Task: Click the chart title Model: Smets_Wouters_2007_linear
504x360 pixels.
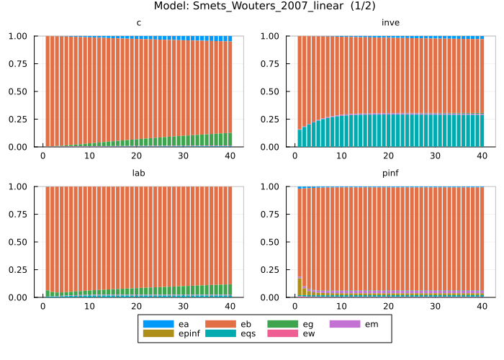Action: point(252,6)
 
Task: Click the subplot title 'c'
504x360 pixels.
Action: point(138,23)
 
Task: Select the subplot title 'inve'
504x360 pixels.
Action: point(390,23)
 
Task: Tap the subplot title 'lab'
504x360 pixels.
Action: point(138,174)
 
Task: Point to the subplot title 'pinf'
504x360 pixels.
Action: point(390,174)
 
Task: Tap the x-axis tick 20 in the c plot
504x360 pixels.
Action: point(136,156)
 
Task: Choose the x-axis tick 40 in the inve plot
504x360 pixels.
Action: point(482,156)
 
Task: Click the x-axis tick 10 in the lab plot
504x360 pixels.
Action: point(89,306)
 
